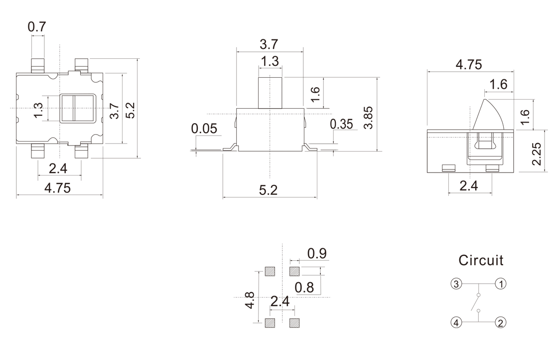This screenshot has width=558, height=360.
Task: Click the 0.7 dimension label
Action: (37, 27)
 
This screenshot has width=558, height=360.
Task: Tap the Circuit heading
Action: (481, 260)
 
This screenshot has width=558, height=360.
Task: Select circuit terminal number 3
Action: (456, 284)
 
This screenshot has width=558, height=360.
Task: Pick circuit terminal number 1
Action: (501, 284)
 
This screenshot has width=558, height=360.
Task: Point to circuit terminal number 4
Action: (456, 323)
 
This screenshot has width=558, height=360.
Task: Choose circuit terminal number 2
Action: (501, 323)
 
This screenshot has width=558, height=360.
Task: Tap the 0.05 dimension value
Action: (204, 129)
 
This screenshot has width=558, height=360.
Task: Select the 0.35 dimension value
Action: (341, 124)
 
